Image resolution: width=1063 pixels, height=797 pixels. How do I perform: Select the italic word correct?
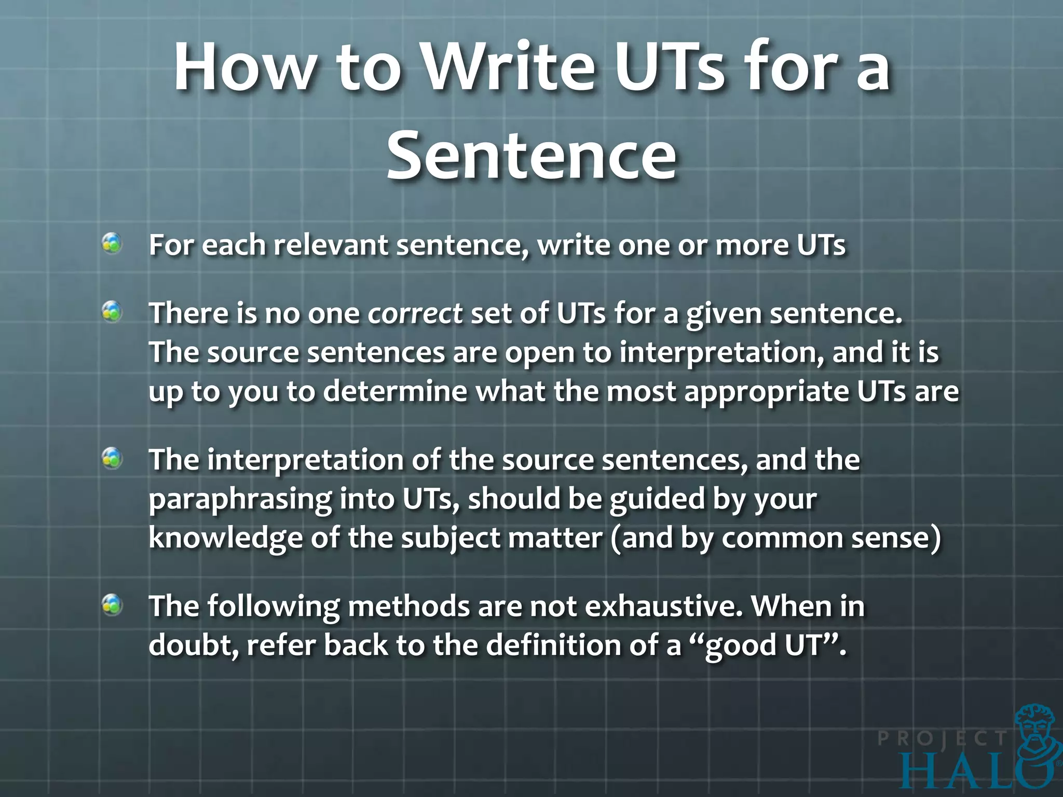click(x=415, y=313)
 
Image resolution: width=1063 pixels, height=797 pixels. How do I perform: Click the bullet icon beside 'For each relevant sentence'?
click(x=112, y=243)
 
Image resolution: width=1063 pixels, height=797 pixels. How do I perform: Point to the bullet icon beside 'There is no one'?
click(x=112, y=312)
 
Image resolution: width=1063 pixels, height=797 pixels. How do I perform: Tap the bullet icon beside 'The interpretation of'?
click(x=112, y=459)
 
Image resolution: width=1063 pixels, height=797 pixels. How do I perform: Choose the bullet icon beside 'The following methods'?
click(x=112, y=605)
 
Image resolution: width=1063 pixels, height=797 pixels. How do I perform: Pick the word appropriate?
click(x=766, y=392)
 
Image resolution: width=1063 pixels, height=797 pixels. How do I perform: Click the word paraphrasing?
click(x=240, y=499)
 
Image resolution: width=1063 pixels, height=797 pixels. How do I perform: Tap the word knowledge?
click(x=225, y=539)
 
